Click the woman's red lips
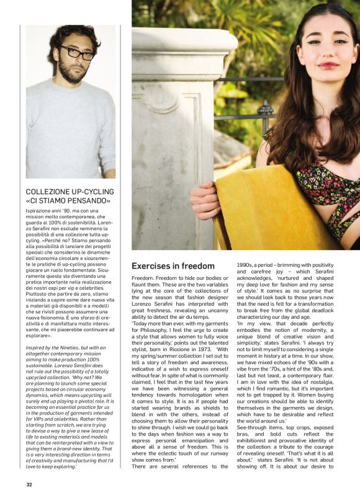(x=328, y=65)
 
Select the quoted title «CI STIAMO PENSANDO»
(x=68, y=201)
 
